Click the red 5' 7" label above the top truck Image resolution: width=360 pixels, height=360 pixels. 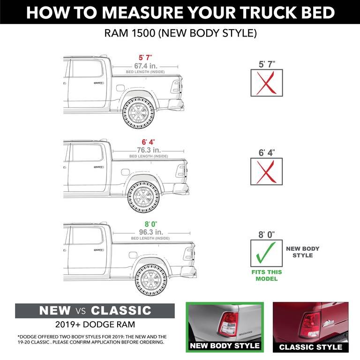138,58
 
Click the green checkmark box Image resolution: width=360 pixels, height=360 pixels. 266,255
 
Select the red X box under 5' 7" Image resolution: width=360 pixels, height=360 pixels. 266,83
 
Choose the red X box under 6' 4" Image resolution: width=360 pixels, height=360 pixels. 266,172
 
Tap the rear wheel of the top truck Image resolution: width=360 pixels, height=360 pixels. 139,113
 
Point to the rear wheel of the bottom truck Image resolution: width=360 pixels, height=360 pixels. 151,280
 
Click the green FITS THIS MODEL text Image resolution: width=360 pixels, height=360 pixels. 266,275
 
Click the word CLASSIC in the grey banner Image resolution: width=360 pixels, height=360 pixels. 121,310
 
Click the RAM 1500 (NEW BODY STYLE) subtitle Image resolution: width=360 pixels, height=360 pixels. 180,34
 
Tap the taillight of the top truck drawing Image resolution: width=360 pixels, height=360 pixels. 177,86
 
